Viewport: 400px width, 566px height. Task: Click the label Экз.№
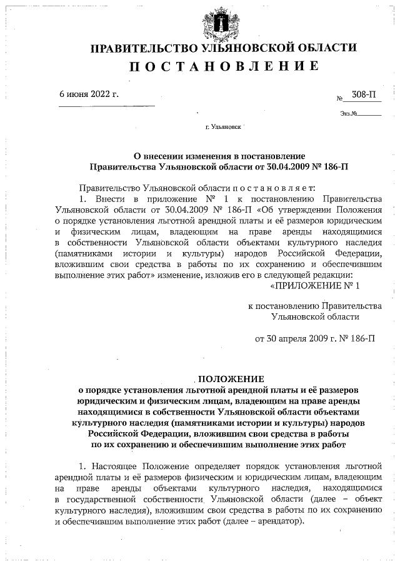[x=349, y=114]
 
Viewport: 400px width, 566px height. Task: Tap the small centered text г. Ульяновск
[x=224, y=127]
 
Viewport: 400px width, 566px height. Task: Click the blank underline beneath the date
[x=106, y=105]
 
